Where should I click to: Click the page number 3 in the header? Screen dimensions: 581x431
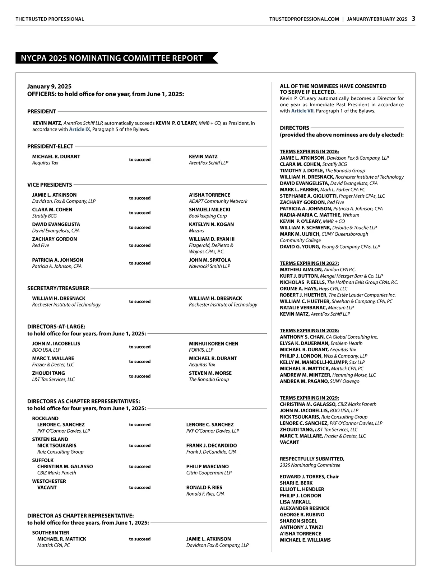[413, 19]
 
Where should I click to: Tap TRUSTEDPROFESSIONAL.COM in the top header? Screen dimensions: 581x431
[304, 19]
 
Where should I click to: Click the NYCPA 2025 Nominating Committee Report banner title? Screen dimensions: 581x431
[112, 58]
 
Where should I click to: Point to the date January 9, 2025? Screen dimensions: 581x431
[49, 86]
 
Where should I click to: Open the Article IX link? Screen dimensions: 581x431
[79, 129]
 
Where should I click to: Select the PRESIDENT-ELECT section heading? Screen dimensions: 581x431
[50, 146]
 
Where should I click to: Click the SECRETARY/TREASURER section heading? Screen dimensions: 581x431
[58, 288]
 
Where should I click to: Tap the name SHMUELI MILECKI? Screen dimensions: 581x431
[209, 210]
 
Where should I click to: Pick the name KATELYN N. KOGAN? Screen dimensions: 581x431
[211, 224]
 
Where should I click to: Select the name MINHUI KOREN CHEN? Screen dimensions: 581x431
[213, 343]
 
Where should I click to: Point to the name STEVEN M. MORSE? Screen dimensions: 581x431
[210, 373]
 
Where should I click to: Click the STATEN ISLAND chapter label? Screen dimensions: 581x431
[50, 439]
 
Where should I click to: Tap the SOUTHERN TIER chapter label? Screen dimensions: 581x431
[51, 533]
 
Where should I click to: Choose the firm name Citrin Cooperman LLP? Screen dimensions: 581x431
[209, 473]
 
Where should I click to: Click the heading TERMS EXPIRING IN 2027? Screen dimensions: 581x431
[309, 263]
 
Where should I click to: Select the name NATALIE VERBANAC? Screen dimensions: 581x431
[303, 308]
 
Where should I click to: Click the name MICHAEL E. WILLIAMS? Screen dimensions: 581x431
[305, 540]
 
